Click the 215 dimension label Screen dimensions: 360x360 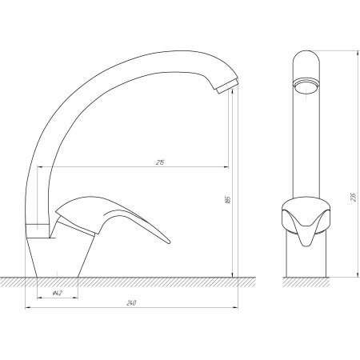[160, 162]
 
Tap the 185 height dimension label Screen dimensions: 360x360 [227, 200]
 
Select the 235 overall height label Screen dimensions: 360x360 [354, 197]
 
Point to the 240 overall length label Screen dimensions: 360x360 [131, 303]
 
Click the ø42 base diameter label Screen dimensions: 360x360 [58, 293]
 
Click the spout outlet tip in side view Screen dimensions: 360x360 [227, 86]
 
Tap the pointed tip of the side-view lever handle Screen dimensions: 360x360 [169, 242]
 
